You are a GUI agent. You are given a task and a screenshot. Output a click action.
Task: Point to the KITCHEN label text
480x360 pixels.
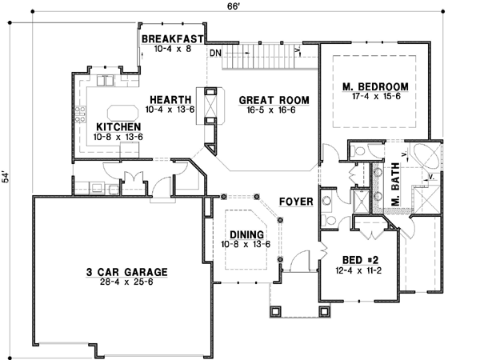coord(118,127)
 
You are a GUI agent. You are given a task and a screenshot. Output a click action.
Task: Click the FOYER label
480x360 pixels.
coord(294,201)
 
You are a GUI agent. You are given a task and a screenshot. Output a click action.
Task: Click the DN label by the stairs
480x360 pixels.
coord(215,54)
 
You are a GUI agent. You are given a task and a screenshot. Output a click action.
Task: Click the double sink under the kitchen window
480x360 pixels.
coord(106,81)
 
